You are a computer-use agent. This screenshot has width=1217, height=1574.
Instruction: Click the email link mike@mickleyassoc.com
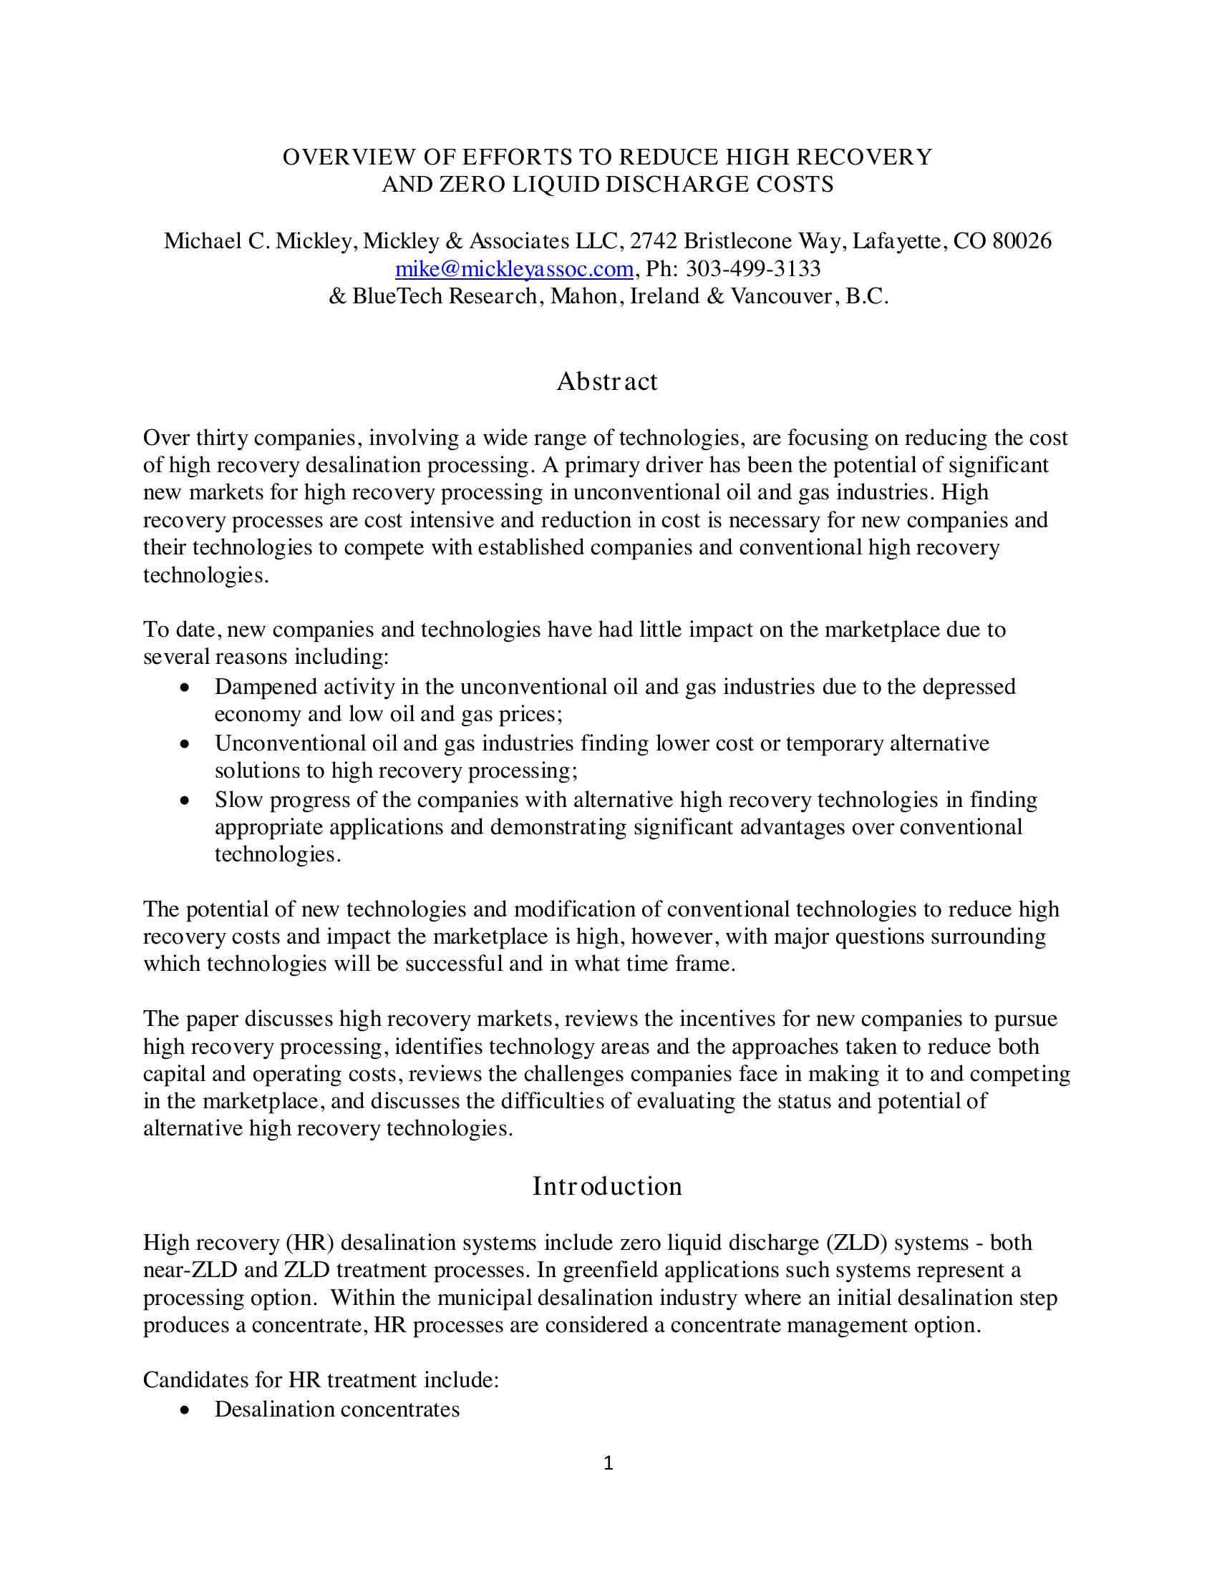coord(514,269)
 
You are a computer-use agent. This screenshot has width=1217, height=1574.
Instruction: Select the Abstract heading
coord(607,381)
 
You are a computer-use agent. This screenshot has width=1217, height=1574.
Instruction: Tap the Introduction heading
coord(607,1186)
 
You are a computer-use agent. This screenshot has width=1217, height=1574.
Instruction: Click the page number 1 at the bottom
coord(608,1464)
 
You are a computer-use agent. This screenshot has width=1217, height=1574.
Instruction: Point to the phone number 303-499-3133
coord(752,269)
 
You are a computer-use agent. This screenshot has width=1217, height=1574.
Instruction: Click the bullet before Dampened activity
coord(186,688)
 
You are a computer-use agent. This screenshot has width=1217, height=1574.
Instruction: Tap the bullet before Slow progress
coord(186,801)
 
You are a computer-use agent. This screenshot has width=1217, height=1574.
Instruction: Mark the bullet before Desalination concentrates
coord(186,1410)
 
